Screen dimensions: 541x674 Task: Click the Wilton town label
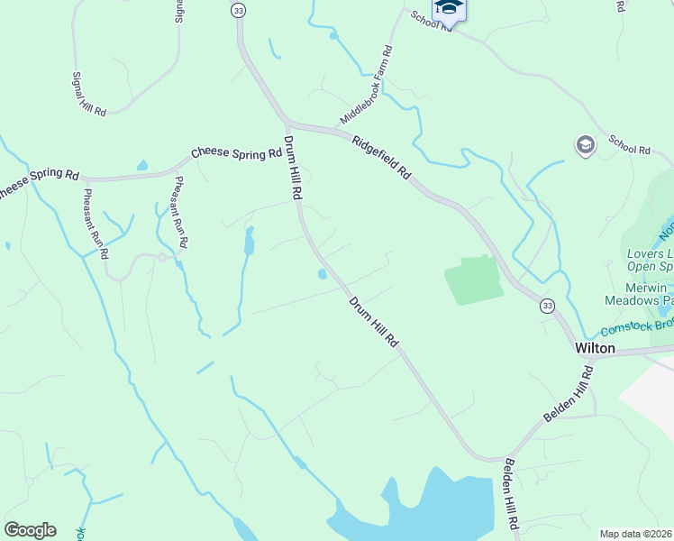(x=595, y=347)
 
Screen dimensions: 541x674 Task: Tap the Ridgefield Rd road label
(x=381, y=157)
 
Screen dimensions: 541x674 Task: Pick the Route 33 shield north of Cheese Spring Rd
(x=238, y=10)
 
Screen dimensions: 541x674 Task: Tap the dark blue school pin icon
(x=448, y=9)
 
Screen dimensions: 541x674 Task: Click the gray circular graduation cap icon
(x=585, y=145)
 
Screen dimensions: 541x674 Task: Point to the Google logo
(x=30, y=530)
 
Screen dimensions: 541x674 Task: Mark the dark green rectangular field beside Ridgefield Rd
(x=473, y=280)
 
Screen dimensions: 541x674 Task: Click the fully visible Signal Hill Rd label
(x=89, y=94)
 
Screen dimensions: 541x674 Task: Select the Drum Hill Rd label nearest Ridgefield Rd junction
(x=293, y=168)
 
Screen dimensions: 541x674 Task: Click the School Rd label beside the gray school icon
(x=629, y=143)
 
